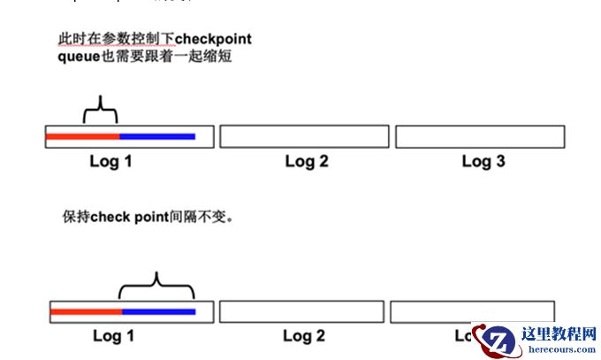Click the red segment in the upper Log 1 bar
coord(82,136)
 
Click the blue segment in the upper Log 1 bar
coord(156,136)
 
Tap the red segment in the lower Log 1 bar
coord(86,311)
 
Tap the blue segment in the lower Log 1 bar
coord(158,311)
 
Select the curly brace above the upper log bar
coord(100,110)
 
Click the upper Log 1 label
coord(110,161)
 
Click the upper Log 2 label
coord(307,161)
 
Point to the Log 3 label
coord(483,161)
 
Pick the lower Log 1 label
coord(113,336)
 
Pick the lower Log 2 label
coord(304,336)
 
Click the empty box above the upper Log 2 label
coord(304,136)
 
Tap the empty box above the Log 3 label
coord(479,136)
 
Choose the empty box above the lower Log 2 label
coord(301,311)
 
